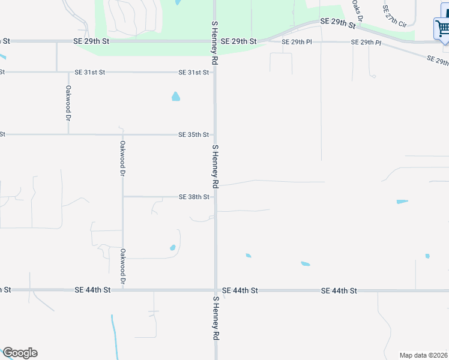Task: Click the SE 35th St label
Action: [x=193, y=134]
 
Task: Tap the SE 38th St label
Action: [x=193, y=197]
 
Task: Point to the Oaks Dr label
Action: [x=358, y=11]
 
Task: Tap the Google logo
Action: [x=20, y=353]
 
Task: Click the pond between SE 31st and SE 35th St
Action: [x=176, y=96]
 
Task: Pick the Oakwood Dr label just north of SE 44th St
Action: [x=122, y=266]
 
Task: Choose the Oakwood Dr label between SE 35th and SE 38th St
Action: [x=122, y=157]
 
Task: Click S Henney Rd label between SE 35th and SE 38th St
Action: [x=215, y=166]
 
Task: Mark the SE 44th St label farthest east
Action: [x=339, y=290]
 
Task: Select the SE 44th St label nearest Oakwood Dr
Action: [x=93, y=290]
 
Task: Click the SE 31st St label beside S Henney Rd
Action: [x=193, y=73]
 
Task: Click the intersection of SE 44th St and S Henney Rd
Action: [x=215, y=290]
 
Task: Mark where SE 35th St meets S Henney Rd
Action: [x=215, y=134]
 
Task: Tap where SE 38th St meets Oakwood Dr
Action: [x=123, y=197]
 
